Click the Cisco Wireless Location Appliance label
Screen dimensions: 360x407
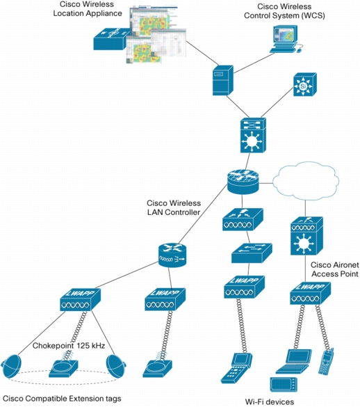88,9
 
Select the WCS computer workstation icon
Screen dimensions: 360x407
286,39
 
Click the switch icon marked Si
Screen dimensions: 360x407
305,85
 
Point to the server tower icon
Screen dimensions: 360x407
223,80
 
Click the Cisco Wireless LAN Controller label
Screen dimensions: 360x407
174,207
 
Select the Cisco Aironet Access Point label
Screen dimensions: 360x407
335,269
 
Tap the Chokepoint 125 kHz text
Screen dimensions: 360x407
69,346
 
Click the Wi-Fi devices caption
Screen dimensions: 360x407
270,402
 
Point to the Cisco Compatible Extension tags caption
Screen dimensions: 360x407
62,399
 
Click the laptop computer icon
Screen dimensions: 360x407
294,361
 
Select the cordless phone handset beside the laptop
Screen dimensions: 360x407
326,361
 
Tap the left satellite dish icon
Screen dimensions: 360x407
11,367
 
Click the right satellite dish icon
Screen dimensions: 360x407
116,366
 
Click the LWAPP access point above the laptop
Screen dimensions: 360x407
310,294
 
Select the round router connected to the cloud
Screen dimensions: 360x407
243,182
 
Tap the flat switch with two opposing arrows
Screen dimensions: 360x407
252,253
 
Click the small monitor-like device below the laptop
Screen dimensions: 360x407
284,385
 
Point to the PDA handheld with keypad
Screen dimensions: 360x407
236,368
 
